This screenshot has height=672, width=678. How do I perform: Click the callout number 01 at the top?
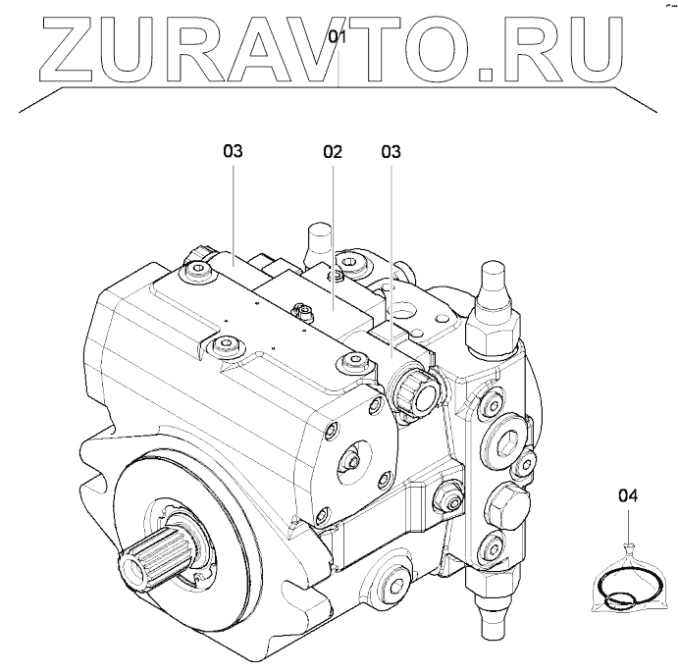click(x=338, y=39)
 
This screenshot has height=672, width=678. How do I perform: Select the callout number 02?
click(x=332, y=152)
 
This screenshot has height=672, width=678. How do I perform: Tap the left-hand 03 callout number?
click(x=232, y=152)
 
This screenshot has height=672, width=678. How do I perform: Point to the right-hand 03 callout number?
click(x=391, y=152)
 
